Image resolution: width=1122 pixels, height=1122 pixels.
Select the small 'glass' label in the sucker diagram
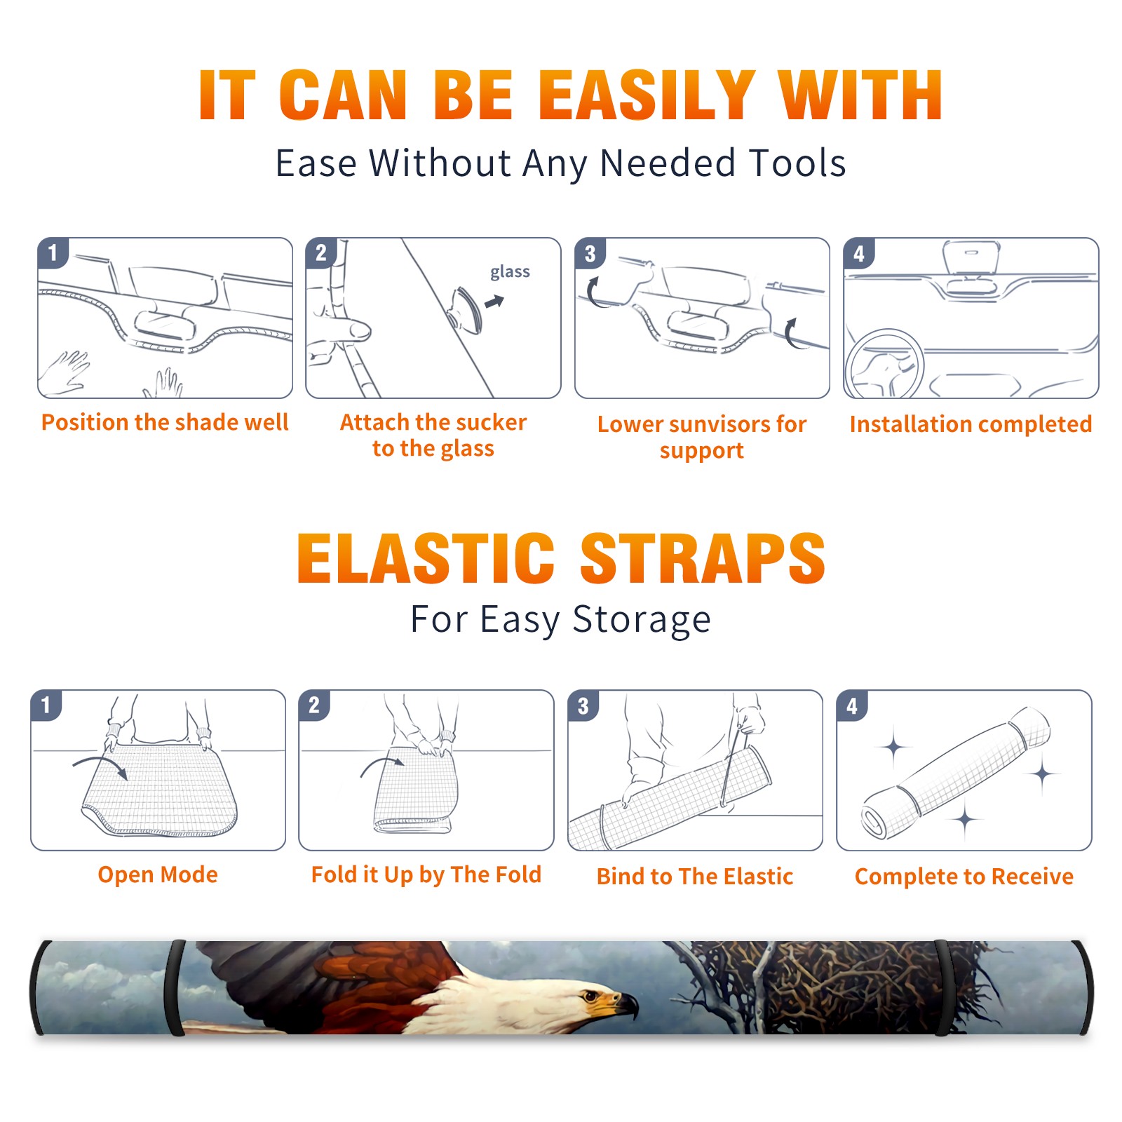pos(510,271)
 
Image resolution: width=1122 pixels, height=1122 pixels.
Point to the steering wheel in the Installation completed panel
pos(884,363)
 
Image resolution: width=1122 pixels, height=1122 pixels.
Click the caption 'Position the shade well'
pos(165,422)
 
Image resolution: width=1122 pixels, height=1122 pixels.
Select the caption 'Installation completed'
pos(971,424)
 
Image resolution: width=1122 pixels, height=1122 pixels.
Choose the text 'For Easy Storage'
pos(561,620)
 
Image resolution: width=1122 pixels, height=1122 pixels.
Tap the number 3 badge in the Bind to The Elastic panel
pos(583,706)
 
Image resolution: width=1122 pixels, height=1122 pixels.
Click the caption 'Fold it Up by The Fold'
pos(426,874)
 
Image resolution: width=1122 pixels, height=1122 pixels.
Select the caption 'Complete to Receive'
pos(964,877)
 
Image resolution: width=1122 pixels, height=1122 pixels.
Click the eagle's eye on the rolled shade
pos(593,996)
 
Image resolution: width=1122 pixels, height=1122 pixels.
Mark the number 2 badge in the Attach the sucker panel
pos(321,253)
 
